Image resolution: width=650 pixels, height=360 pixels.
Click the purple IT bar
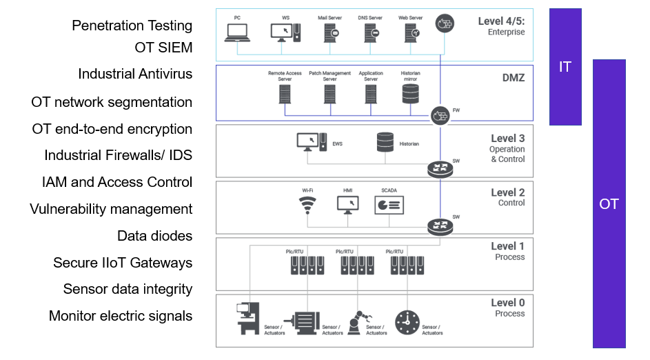pos(565,67)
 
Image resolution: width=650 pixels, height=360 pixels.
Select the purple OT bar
pos(609,203)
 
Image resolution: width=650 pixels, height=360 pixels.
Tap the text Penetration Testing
pos(132,26)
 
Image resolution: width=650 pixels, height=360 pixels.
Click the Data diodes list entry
pos(154,236)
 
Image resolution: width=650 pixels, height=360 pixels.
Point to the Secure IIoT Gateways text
pos(123,263)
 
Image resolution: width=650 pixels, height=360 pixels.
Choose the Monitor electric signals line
pos(121,316)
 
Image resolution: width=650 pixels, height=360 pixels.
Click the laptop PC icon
pos(237,31)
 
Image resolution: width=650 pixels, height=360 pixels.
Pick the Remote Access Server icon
pos(285,94)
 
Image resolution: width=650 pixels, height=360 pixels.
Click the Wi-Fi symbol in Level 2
pos(307,205)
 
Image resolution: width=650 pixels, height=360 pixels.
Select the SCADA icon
pos(389,205)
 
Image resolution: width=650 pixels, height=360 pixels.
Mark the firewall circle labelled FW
pos(439,115)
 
